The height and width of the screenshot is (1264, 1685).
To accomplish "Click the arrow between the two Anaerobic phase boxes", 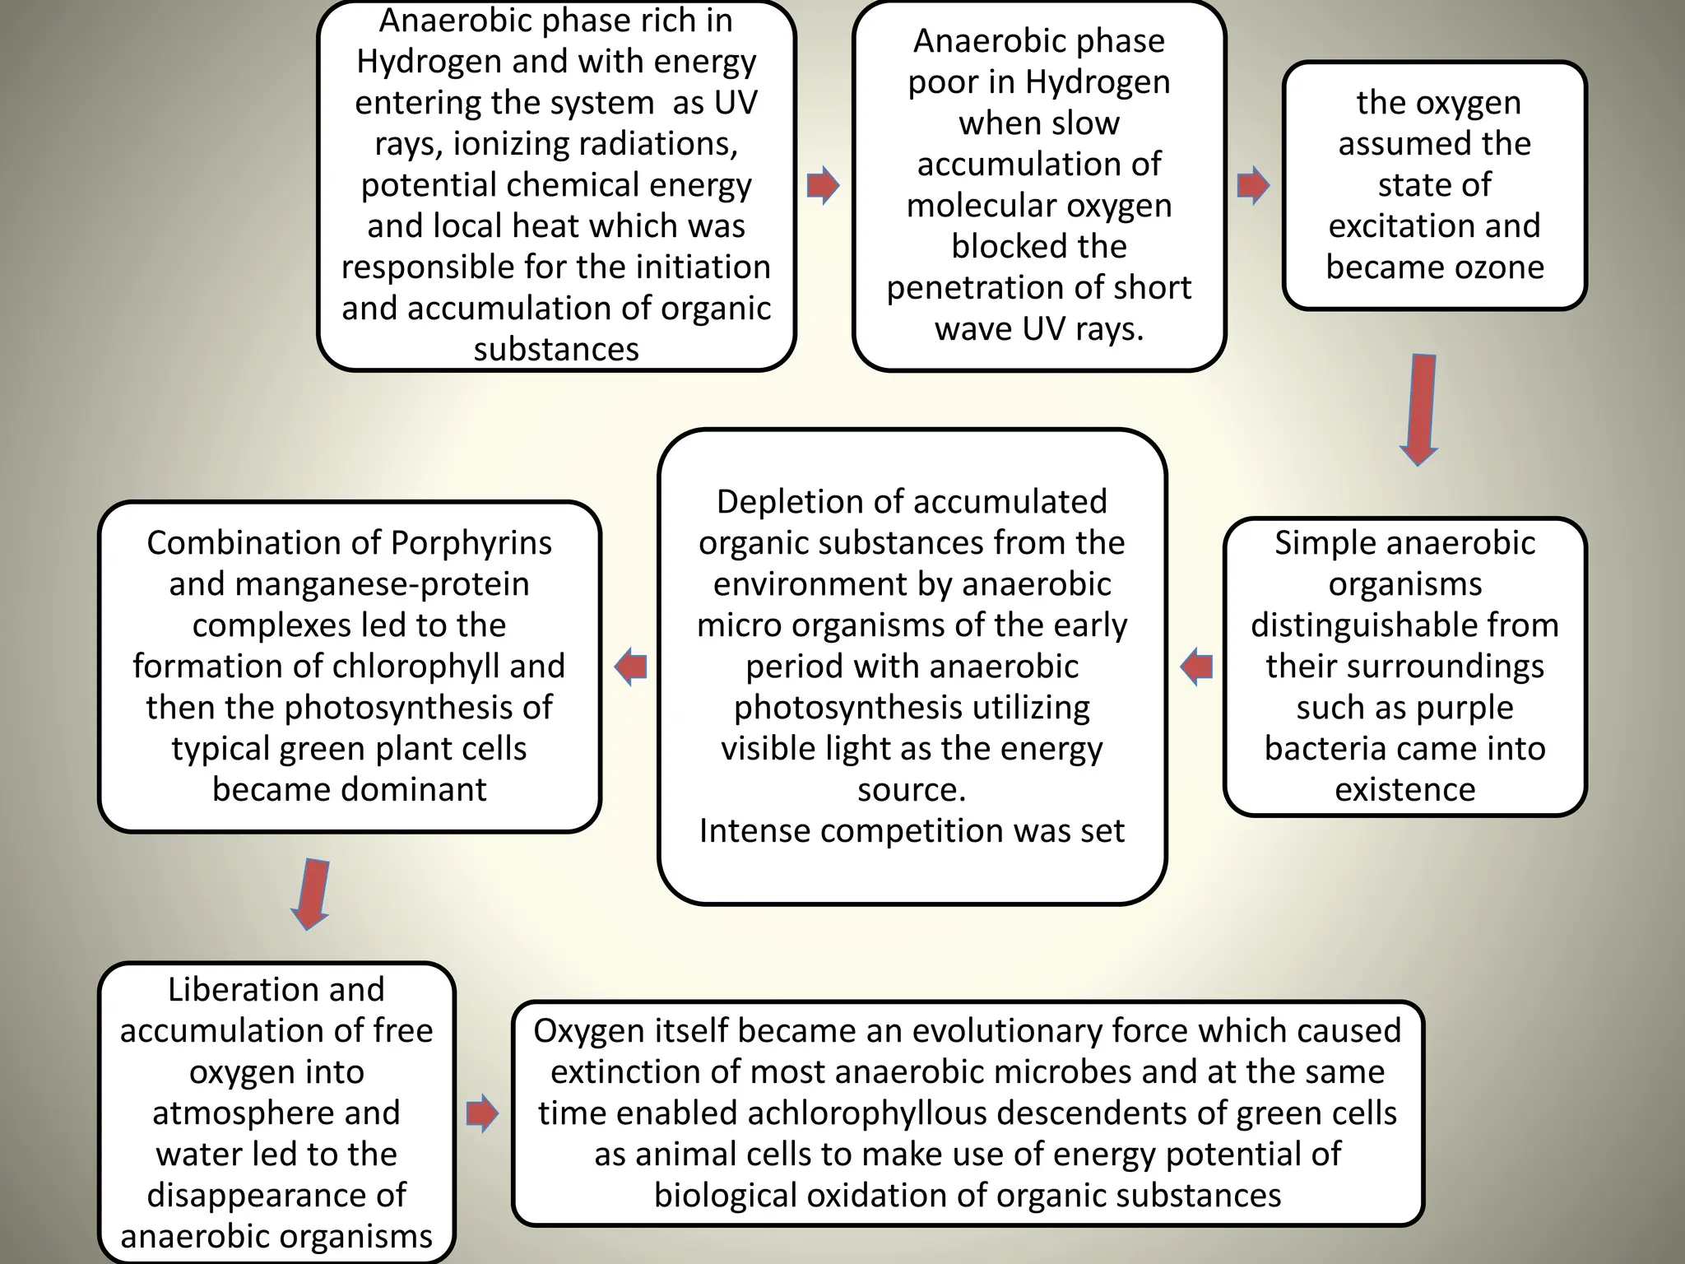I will [822, 185].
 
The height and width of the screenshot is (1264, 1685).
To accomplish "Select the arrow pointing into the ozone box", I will [1252, 185].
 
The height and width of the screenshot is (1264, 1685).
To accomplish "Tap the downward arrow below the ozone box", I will [1419, 409].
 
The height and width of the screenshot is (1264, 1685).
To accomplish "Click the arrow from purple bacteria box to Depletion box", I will [1196, 666].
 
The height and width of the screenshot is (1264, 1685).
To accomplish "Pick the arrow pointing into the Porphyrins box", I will [631, 666].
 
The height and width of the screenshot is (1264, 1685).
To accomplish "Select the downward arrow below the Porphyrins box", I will [311, 894].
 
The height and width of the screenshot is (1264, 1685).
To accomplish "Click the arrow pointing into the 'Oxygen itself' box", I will [482, 1113].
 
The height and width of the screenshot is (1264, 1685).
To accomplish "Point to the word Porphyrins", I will [471, 543].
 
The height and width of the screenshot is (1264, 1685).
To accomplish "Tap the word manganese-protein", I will [382, 584].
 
